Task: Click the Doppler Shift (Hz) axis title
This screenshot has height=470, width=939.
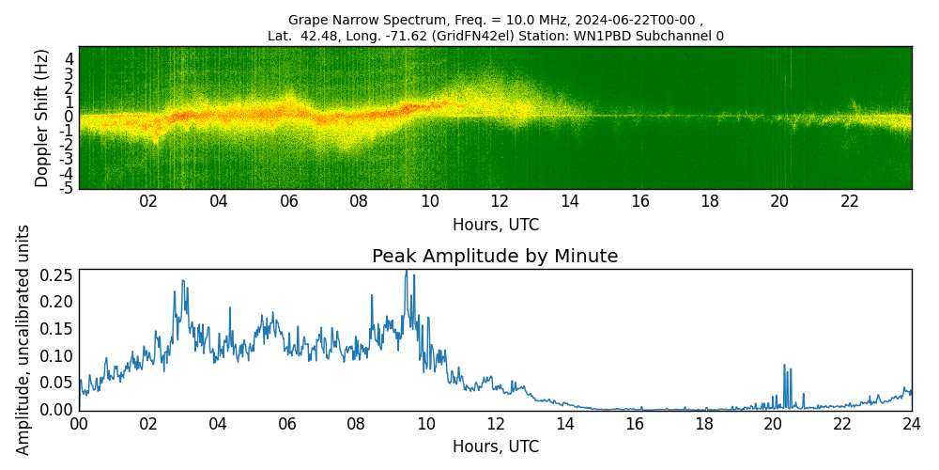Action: point(42,117)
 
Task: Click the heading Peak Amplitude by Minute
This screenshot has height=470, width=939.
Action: point(495,257)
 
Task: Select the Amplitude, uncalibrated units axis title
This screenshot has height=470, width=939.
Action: point(23,339)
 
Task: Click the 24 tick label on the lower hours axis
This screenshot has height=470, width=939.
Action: point(911,424)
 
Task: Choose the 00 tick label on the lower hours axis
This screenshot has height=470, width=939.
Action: point(79,424)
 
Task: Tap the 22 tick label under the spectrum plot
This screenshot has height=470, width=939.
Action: point(850,201)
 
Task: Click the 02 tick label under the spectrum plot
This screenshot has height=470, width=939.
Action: point(148,201)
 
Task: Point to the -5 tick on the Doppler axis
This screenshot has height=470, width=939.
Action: point(68,188)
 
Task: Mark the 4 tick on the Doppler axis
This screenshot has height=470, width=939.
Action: point(69,58)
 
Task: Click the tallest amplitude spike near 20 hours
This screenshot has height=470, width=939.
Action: point(784,366)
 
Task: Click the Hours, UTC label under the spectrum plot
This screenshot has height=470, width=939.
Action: point(495,226)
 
